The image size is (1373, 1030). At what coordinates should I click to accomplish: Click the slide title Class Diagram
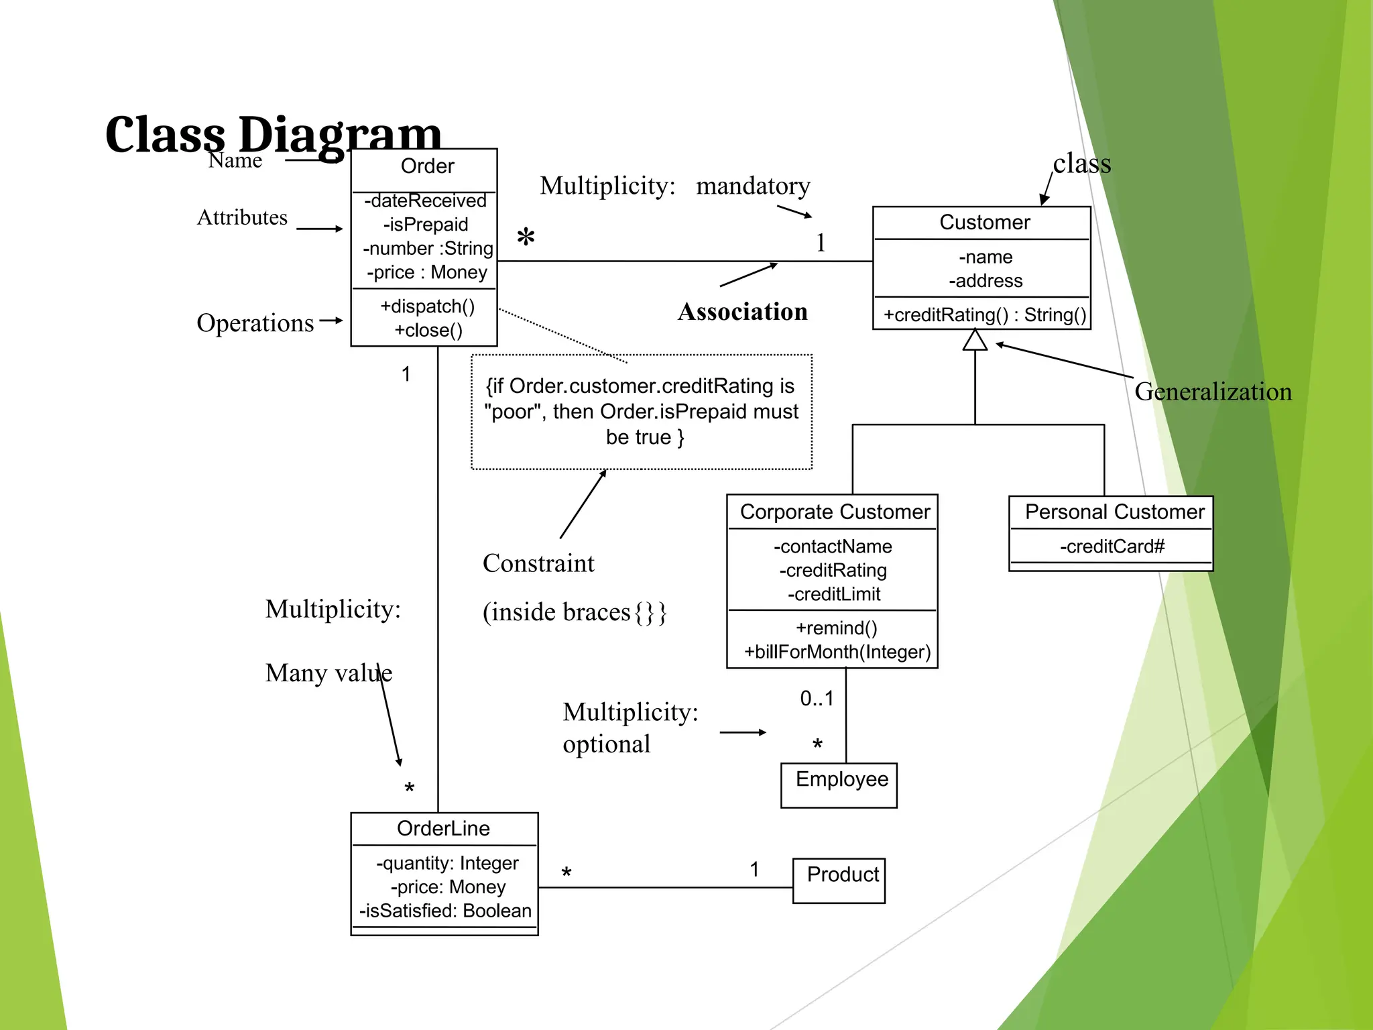pyautogui.click(x=274, y=134)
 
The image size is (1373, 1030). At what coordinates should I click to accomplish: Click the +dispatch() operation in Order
pyautogui.click(x=427, y=306)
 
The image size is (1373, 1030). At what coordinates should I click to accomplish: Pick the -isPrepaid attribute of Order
pyautogui.click(x=426, y=225)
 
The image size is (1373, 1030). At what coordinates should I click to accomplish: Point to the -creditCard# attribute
pyautogui.click(x=1112, y=547)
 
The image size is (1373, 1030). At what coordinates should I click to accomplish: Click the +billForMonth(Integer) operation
pyautogui.click(x=837, y=652)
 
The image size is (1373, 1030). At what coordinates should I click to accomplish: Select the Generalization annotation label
pyautogui.click(x=1213, y=392)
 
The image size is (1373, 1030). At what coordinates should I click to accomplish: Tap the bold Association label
pyautogui.click(x=742, y=312)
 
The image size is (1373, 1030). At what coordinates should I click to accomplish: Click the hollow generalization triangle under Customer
pyautogui.click(x=975, y=341)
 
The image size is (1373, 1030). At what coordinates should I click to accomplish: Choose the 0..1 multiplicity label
pyautogui.click(x=817, y=699)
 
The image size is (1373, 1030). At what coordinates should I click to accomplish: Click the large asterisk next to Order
pyautogui.click(x=526, y=238)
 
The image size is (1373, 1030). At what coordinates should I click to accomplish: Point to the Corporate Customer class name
pyautogui.click(x=835, y=512)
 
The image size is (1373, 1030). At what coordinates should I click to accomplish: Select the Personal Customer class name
pyautogui.click(x=1114, y=512)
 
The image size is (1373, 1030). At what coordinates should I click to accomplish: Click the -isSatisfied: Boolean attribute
pyautogui.click(x=445, y=911)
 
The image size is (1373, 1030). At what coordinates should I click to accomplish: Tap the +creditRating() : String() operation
pyautogui.click(x=984, y=314)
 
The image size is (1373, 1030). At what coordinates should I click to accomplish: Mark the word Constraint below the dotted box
pyautogui.click(x=538, y=563)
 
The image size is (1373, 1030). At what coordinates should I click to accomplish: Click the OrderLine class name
pyautogui.click(x=443, y=829)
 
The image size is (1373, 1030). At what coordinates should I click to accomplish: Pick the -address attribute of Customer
pyautogui.click(x=986, y=280)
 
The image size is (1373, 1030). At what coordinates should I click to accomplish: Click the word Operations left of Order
pyautogui.click(x=255, y=323)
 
